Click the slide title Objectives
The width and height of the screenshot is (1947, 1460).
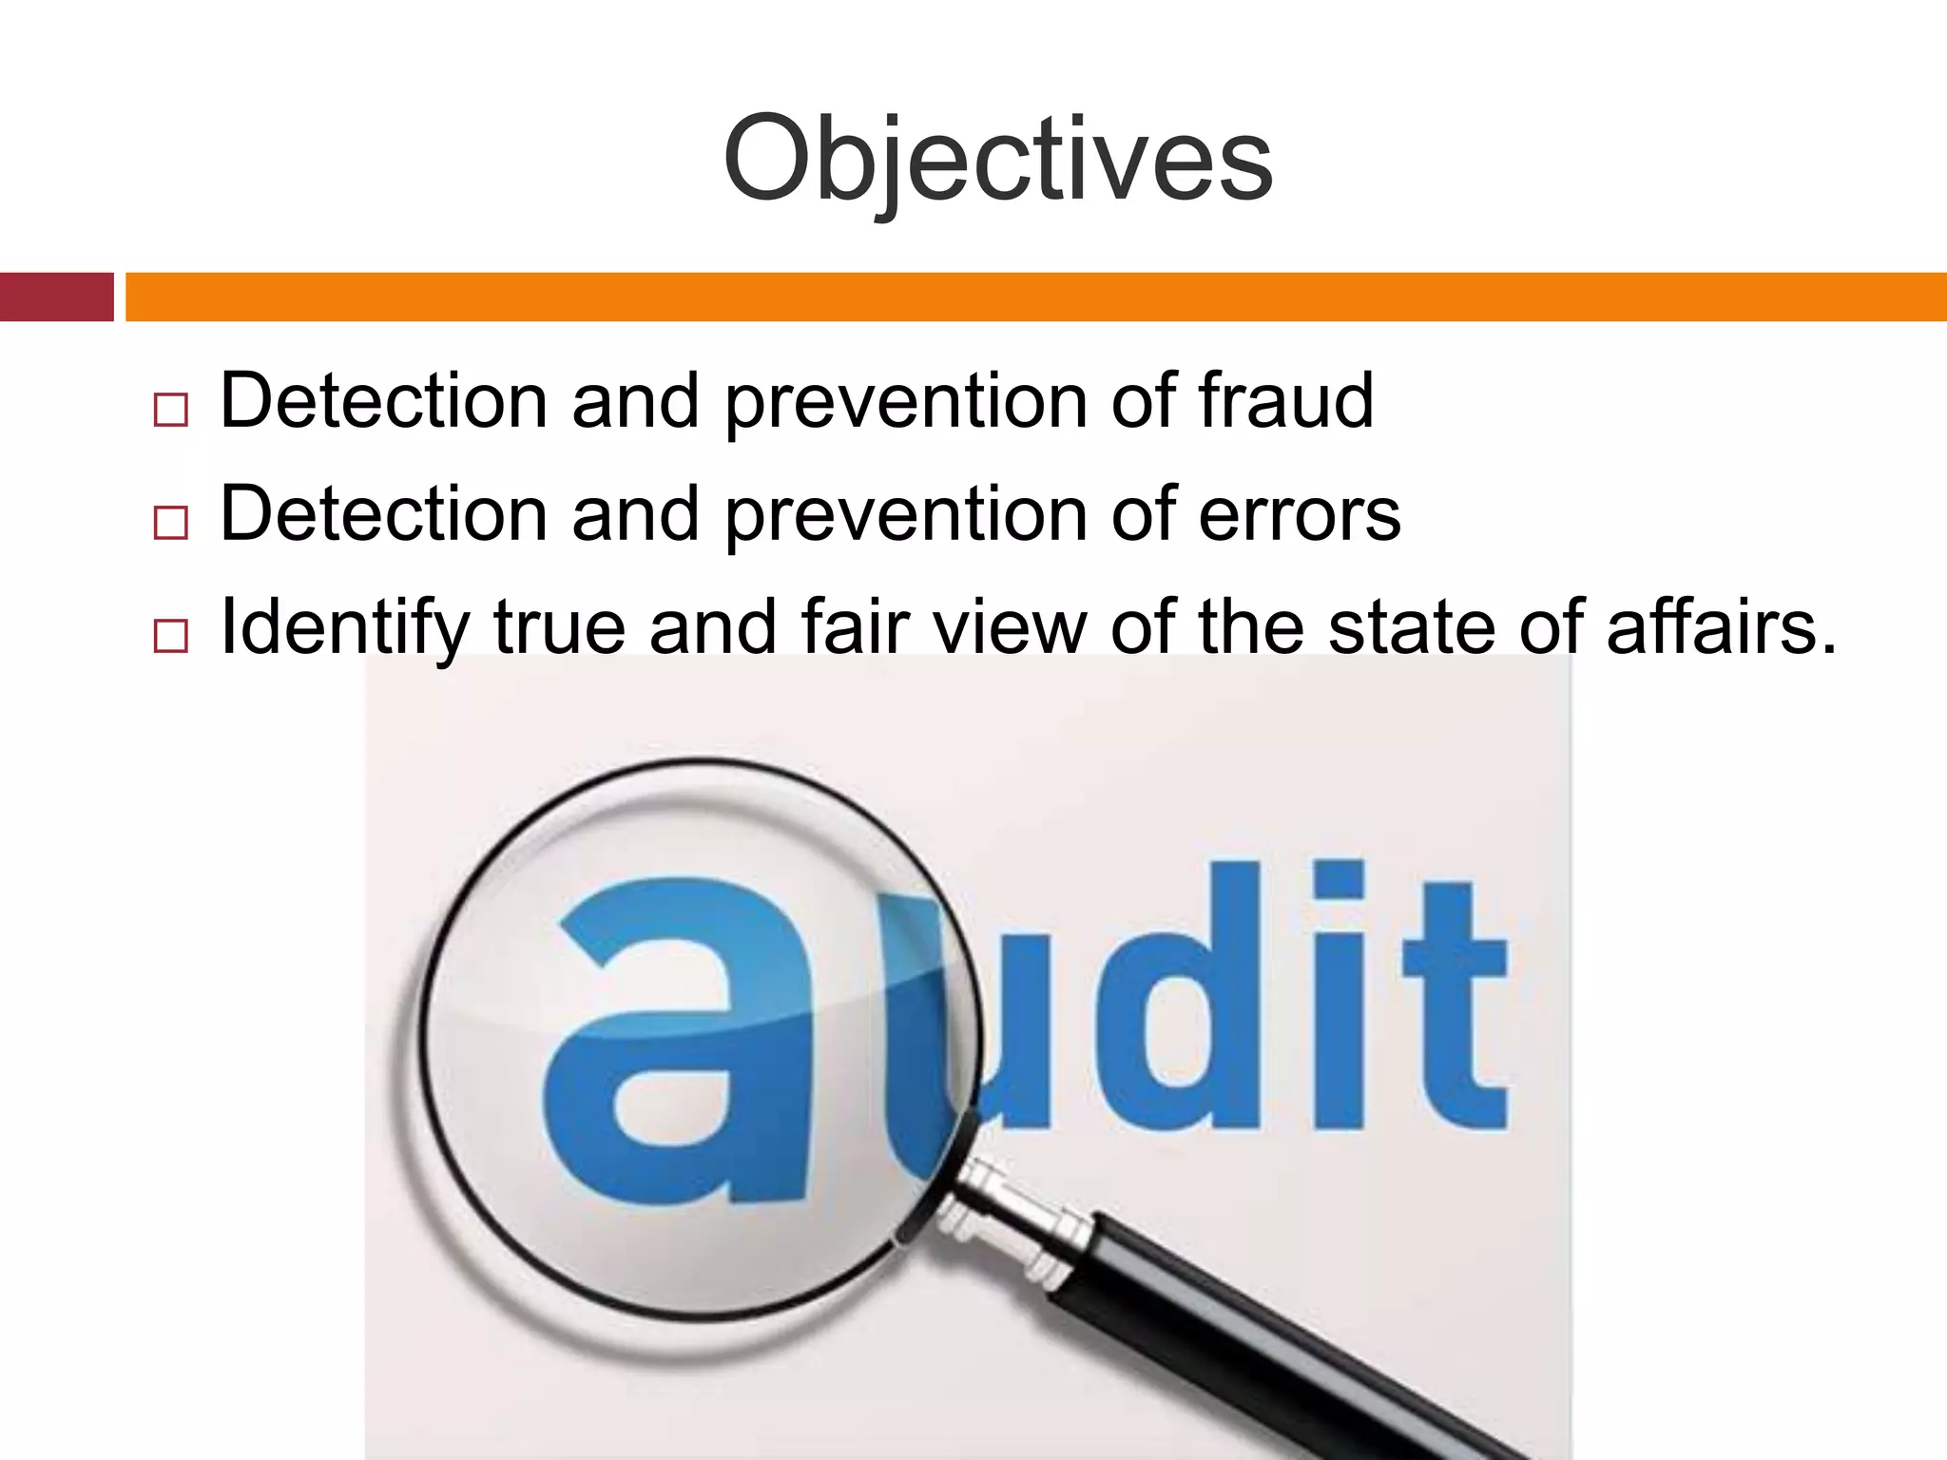coord(997,160)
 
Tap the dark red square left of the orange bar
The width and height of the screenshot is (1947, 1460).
coord(56,297)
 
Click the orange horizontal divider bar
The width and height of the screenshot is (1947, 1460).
coord(1036,297)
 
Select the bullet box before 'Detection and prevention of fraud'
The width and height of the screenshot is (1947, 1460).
coord(170,411)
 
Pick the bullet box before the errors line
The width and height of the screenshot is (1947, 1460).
coord(170,524)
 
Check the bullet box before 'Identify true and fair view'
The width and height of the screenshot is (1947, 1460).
coord(170,636)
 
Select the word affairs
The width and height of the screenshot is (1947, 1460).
coord(1721,627)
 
